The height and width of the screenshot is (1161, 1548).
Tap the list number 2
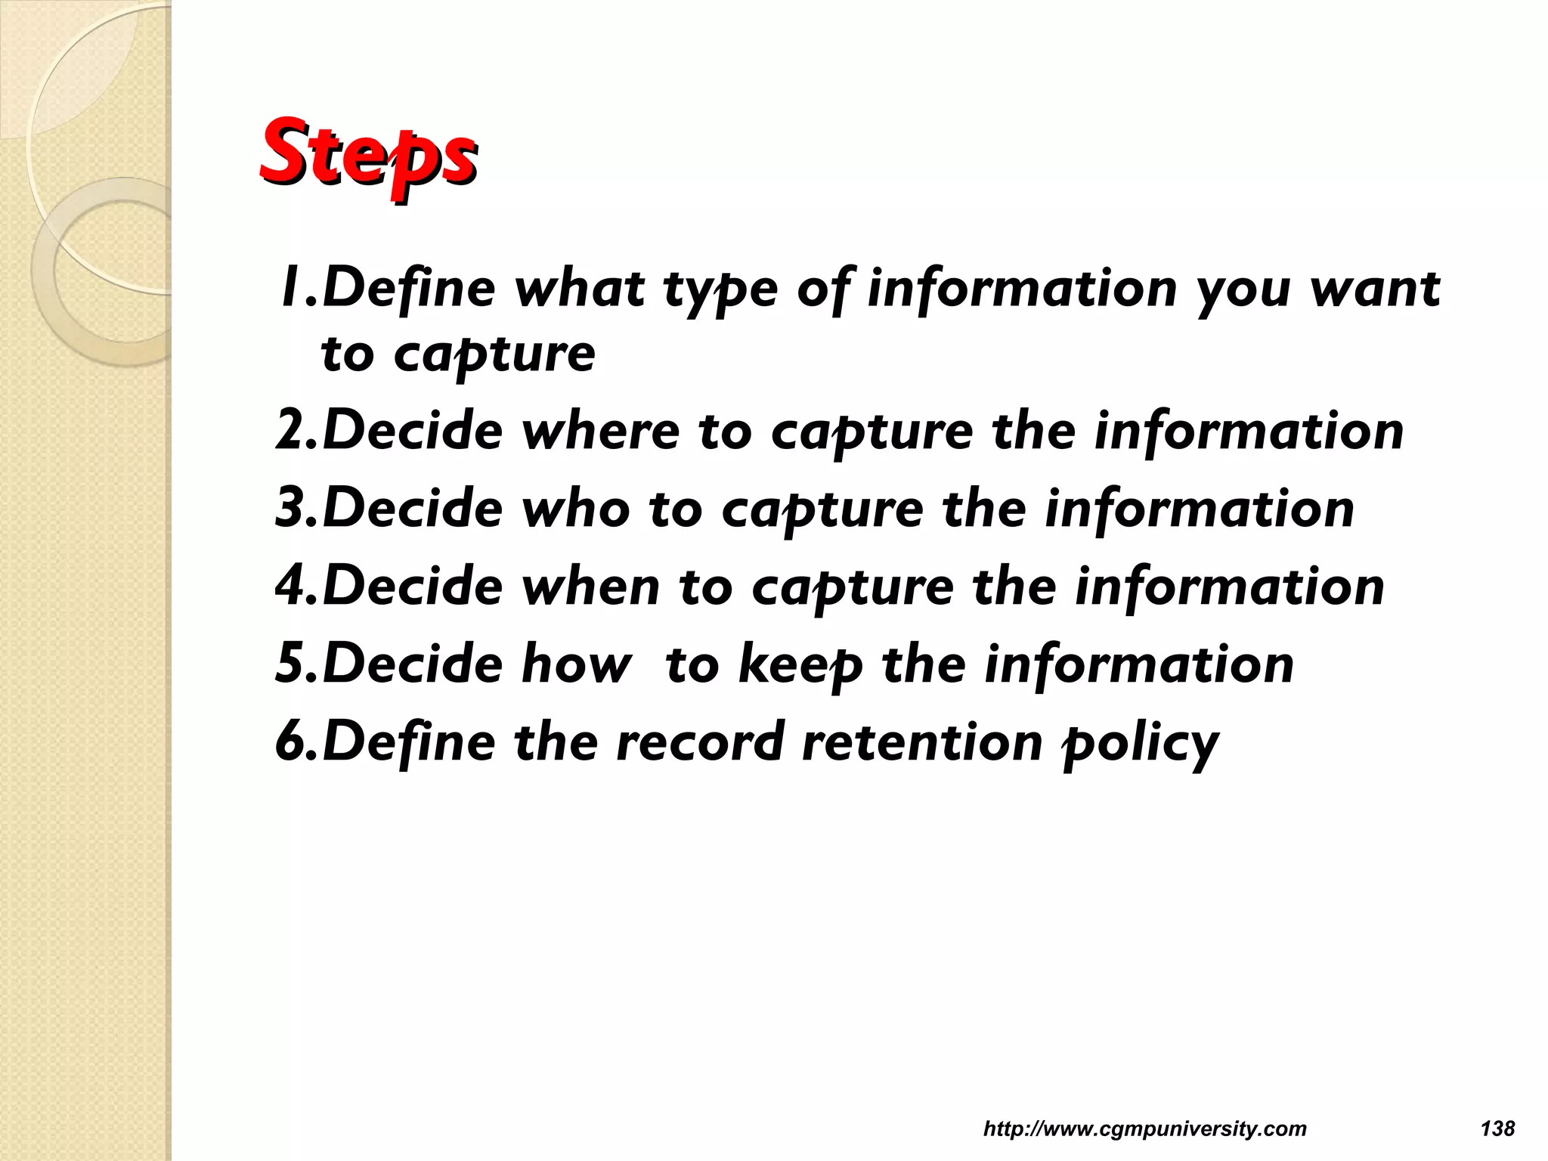click(x=290, y=432)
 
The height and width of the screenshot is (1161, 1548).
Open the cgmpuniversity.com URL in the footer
click(x=1144, y=1129)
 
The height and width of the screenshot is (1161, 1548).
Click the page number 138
click(x=1497, y=1129)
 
